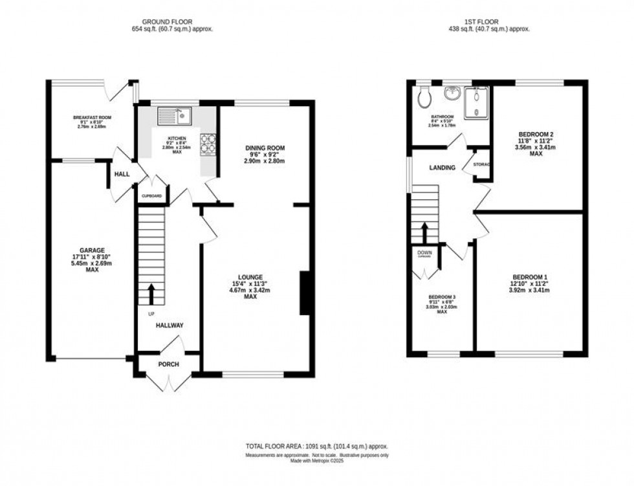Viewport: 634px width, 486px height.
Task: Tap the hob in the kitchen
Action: (x=209, y=144)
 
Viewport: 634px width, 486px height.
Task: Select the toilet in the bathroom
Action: (x=424, y=98)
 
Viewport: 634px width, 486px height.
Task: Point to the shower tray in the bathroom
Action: (x=480, y=102)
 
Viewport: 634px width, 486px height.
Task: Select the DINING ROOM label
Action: (x=265, y=148)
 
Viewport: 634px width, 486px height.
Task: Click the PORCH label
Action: (x=168, y=364)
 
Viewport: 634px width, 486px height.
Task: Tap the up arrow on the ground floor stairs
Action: (x=152, y=294)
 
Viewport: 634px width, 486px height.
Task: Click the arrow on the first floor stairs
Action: (x=424, y=232)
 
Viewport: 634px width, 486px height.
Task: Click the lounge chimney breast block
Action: (x=304, y=294)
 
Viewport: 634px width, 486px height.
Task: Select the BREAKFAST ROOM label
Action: (x=92, y=117)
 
